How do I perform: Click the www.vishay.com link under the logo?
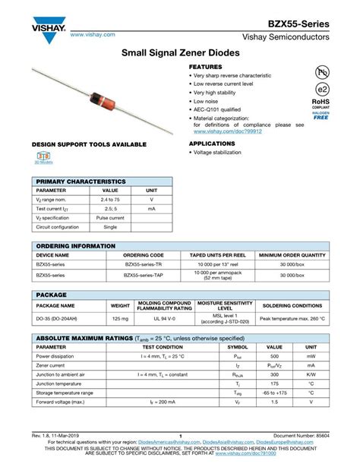click(92, 35)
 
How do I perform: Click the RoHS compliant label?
click(321, 103)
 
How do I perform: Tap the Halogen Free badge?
click(321, 116)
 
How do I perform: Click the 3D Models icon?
click(43, 157)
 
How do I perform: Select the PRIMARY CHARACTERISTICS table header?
click(83, 182)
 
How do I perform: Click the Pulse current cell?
click(110, 217)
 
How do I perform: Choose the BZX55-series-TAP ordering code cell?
click(144, 274)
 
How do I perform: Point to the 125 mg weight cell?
click(120, 318)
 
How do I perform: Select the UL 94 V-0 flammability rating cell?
click(165, 318)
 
